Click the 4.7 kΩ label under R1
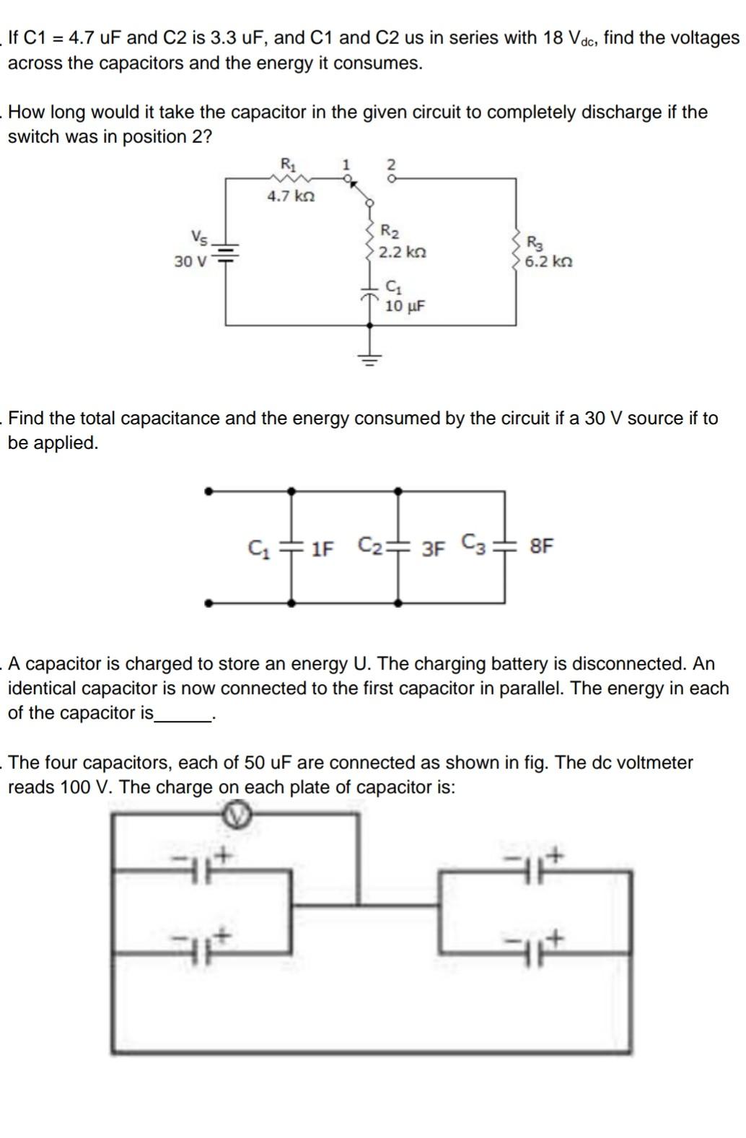[x=291, y=196]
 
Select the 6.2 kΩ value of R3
[x=548, y=261]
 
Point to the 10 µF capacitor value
[x=405, y=306]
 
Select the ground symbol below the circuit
[x=370, y=356]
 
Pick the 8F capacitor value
[x=542, y=546]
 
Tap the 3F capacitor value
[x=433, y=548]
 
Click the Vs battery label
[x=199, y=236]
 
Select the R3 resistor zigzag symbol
[x=517, y=251]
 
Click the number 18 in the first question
[x=553, y=38]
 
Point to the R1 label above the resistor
[x=287, y=164]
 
